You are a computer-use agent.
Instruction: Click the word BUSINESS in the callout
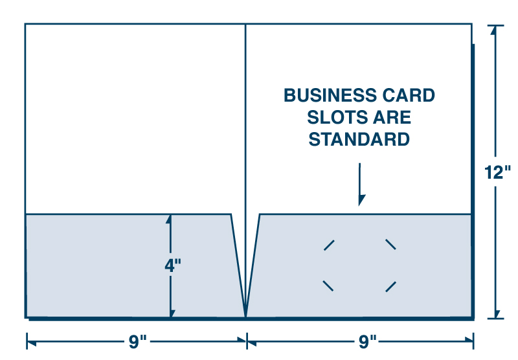click(x=330, y=95)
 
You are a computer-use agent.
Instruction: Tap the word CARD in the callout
click(x=409, y=95)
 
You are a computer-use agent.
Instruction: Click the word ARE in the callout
click(x=392, y=117)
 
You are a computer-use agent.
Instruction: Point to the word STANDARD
click(x=359, y=139)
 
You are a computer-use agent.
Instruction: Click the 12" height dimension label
click(x=497, y=172)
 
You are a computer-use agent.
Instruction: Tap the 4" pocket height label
click(x=173, y=265)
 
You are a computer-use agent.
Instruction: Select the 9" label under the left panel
click(x=137, y=341)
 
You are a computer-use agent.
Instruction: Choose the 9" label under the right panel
click(x=367, y=341)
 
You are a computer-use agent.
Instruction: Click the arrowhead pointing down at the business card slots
click(x=361, y=200)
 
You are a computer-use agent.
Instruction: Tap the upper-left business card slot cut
click(x=329, y=245)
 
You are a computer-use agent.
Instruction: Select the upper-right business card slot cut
click(x=390, y=244)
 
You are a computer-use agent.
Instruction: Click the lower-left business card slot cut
click(x=328, y=286)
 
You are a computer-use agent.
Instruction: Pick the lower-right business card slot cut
click(x=391, y=287)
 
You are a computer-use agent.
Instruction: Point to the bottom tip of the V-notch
click(x=245, y=317)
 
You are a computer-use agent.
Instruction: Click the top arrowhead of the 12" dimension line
click(x=495, y=30)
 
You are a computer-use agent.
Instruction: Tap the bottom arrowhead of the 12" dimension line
click(x=497, y=314)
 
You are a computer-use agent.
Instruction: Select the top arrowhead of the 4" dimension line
click(x=169, y=219)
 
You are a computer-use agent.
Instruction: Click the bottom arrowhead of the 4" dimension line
click(x=172, y=313)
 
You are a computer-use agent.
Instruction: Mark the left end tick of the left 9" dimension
click(x=27, y=341)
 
